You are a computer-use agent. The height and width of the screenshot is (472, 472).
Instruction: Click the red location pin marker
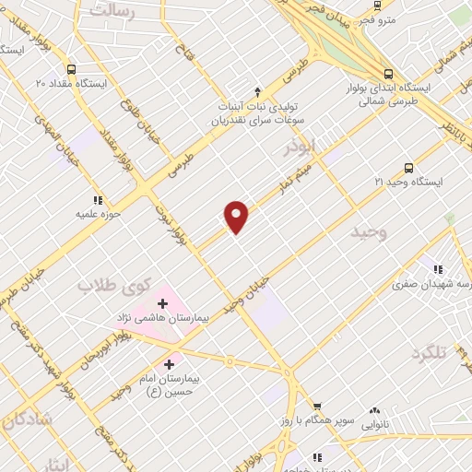coord(237,216)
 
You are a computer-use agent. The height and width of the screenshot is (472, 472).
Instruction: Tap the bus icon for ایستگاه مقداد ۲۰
coord(72,68)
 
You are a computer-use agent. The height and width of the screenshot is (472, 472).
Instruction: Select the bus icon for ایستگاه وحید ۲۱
coord(408,168)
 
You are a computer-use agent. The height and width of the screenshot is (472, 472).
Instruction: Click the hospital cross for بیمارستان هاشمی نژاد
coord(163,302)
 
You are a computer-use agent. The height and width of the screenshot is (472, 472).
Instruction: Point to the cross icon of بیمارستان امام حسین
coord(169,365)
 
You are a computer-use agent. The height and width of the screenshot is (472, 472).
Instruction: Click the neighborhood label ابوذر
coord(301,146)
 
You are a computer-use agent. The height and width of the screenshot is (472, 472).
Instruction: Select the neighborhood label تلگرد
coord(428,353)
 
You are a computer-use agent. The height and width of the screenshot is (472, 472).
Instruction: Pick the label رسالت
coord(112,11)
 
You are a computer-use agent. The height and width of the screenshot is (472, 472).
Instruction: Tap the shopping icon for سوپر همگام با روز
coord(316,406)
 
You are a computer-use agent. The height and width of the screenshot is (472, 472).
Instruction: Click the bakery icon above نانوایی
coord(374,411)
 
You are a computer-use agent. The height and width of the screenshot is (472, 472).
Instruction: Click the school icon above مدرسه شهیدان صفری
coord(439,270)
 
